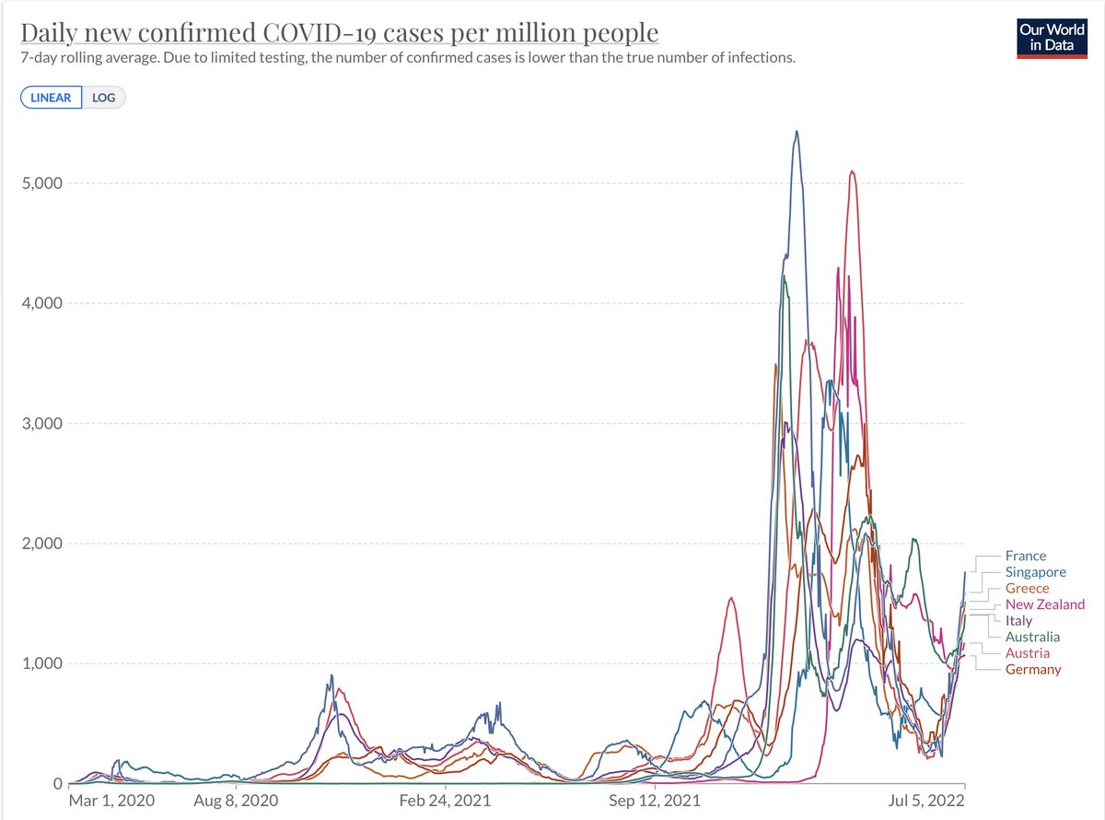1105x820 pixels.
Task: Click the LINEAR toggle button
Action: coord(51,98)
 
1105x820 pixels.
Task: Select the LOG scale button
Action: coord(104,98)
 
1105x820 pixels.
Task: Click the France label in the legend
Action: coord(1025,556)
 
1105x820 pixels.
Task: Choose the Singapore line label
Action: coord(1035,572)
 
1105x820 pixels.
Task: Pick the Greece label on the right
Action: coord(1027,588)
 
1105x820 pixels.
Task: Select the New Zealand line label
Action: coord(1044,604)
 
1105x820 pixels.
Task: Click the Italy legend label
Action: coord(1018,620)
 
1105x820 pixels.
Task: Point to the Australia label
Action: coord(1032,637)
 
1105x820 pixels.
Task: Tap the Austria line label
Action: coord(1027,652)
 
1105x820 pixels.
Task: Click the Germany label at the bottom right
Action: coord(1032,669)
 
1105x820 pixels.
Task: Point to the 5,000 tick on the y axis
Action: coord(41,182)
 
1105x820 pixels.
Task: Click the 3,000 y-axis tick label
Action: coord(41,424)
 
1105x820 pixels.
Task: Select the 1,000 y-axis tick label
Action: coord(41,663)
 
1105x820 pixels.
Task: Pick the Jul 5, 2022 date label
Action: coord(927,802)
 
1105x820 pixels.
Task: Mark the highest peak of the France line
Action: coord(797,131)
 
